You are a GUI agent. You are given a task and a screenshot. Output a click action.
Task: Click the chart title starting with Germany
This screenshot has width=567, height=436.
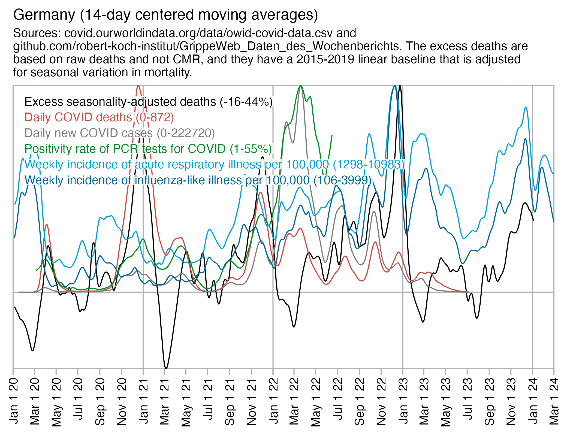(165, 15)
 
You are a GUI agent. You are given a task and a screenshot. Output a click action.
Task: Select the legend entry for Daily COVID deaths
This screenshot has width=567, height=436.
(99, 117)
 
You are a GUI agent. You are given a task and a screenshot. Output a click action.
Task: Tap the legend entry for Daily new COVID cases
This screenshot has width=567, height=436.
(120, 133)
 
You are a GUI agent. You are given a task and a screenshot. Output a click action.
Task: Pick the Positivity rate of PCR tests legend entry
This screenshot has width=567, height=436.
(148, 149)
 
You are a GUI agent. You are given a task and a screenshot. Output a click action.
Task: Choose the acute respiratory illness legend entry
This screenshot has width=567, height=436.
(214, 165)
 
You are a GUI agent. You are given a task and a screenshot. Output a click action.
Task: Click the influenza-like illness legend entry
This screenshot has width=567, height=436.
(198, 180)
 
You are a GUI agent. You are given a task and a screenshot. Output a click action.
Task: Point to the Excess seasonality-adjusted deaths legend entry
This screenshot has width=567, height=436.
(149, 102)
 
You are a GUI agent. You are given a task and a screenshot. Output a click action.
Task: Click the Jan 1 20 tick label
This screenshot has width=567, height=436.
(13, 401)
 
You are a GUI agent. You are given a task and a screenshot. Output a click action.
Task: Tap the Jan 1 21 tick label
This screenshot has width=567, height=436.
(143, 401)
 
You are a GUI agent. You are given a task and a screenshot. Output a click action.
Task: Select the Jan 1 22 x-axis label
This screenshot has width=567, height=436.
(273, 401)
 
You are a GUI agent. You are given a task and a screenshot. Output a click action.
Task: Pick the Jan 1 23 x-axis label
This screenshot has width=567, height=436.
(403, 401)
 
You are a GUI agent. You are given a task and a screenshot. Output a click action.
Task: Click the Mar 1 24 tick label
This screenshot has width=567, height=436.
(554, 401)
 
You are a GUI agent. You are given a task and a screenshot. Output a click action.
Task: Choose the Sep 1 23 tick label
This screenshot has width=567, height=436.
(490, 401)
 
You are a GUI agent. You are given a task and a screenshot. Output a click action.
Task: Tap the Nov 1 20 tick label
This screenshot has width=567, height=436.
(122, 401)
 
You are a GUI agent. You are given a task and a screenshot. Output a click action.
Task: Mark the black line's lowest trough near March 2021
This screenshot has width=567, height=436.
(166, 368)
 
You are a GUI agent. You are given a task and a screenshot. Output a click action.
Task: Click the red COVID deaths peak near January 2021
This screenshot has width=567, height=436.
(138, 86)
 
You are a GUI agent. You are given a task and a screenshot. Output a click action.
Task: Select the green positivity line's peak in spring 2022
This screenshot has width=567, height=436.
(301, 86)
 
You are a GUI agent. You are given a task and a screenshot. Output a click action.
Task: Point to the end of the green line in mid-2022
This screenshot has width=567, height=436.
(332, 135)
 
